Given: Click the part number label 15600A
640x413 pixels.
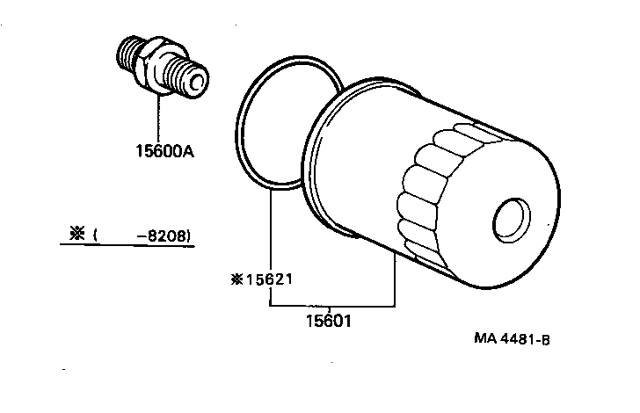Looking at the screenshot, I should click(x=164, y=152).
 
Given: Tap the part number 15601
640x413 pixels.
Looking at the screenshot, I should click(x=330, y=322).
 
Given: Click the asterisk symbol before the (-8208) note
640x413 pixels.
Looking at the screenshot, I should click(x=75, y=234).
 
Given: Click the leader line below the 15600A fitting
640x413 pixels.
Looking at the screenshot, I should click(x=159, y=119).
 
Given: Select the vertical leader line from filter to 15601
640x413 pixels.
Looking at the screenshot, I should click(x=394, y=281).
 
